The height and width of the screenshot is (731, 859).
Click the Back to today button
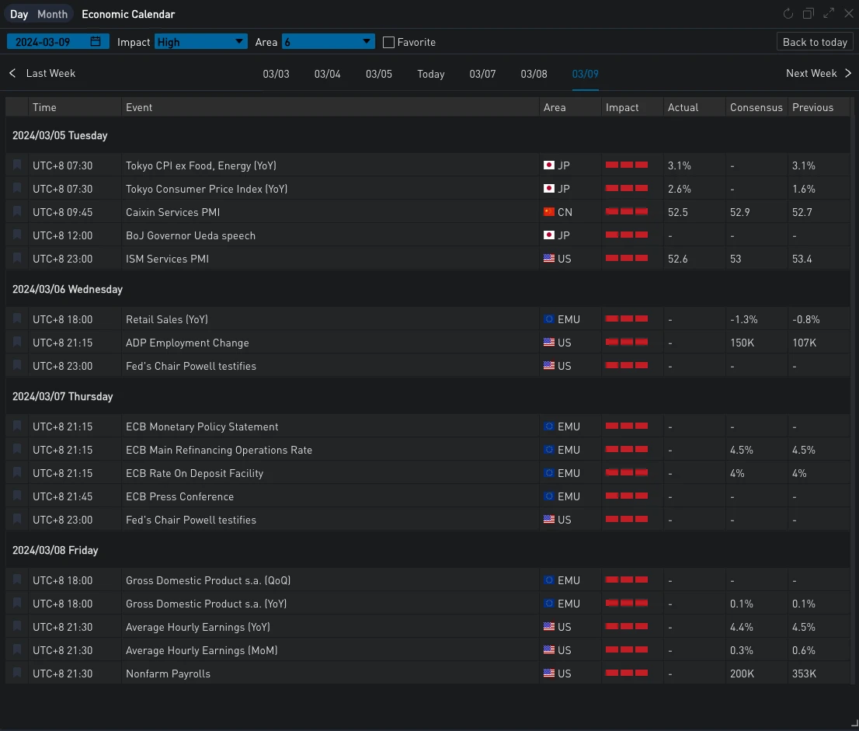(815, 42)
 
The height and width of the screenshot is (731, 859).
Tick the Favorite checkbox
(389, 42)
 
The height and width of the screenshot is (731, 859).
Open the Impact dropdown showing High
(201, 42)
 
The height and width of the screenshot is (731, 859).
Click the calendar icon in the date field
(96, 42)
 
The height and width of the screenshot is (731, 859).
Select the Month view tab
(52, 14)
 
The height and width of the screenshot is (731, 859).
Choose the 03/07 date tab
(482, 74)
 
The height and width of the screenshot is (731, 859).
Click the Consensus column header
(756, 107)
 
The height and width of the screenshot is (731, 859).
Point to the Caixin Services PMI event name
(172, 212)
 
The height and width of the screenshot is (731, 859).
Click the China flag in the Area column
(549, 212)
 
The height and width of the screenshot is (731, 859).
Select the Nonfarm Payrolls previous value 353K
(804, 674)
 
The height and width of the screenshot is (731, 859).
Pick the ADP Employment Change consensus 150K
(742, 343)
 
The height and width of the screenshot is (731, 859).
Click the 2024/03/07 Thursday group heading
(63, 396)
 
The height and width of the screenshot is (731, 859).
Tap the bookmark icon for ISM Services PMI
(17, 259)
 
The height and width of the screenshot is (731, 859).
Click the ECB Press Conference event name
(179, 496)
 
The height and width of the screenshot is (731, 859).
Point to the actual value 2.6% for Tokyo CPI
(679, 189)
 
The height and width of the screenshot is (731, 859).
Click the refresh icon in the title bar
(788, 14)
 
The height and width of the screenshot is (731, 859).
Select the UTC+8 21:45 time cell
(62, 496)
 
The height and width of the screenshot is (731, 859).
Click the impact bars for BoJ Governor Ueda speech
(626, 235)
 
